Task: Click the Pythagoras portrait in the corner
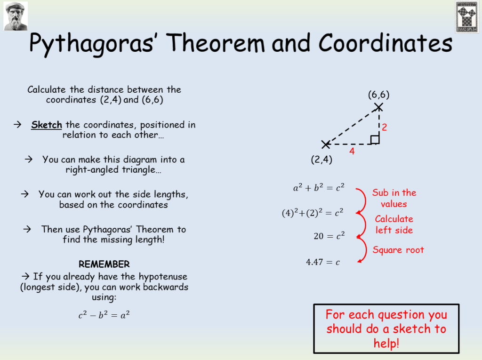(x=16, y=16)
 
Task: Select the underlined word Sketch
(x=47, y=125)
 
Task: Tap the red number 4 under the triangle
(x=352, y=152)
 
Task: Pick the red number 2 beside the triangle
(x=384, y=127)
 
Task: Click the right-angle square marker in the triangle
(x=375, y=139)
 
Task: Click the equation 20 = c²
(x=329, y=236)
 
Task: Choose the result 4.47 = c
(x=323, y=262)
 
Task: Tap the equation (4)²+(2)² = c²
(x=313, y=213)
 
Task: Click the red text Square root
(x=398, y=250)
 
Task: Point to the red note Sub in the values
(x=394, y=198)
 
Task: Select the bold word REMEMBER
(x=104, y=264)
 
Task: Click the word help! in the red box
(x=386, y=343)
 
